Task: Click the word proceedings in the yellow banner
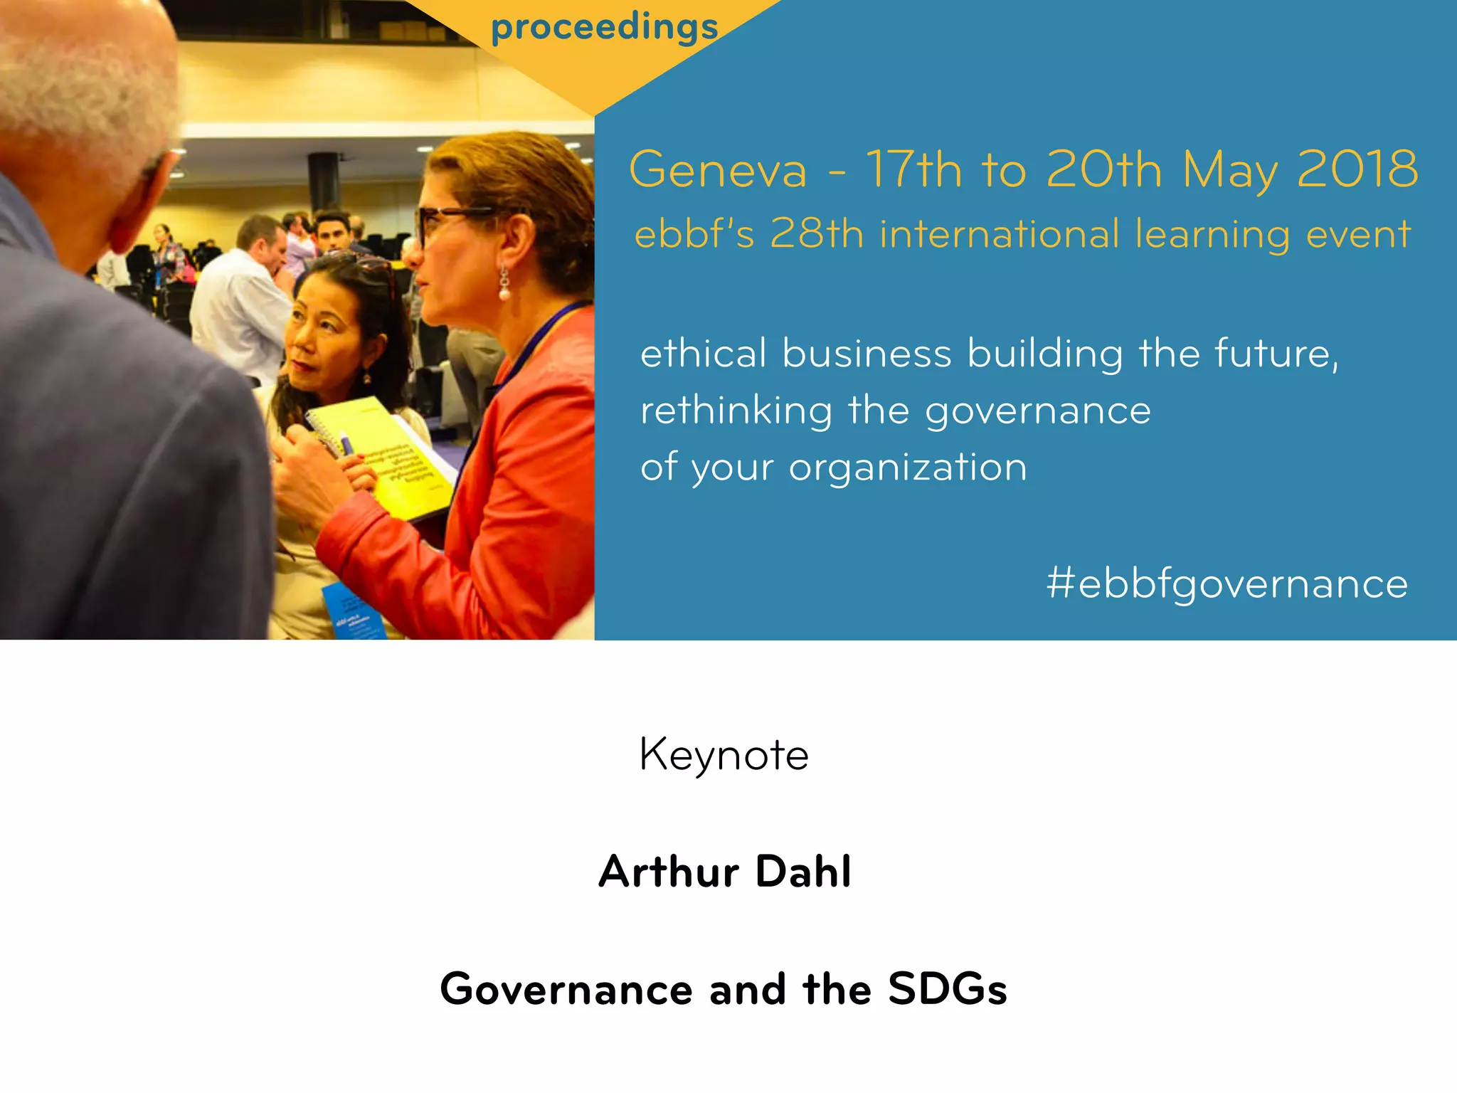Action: [x=604, y=28]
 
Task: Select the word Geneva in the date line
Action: [x=718, y=170]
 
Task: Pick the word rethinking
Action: [x=736, y=411]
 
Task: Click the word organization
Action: [x=908, y=468]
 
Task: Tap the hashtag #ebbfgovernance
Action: [x=1226, y=584]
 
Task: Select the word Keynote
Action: [x=724, y=755]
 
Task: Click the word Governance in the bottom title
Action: [x=566, y=989]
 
